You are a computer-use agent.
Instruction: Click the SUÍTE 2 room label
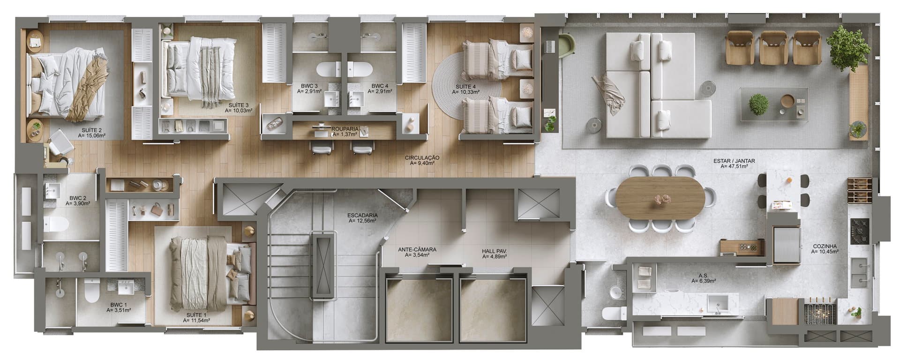point(91,130)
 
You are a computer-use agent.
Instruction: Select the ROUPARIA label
point(345,128)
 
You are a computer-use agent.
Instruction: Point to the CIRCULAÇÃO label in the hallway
point(422,158)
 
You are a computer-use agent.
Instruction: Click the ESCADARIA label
point(362,216)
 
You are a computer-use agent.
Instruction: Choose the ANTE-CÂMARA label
point(417,249)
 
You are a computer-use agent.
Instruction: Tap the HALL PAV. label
point(494,251)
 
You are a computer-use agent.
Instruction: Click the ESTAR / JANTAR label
point(734,161)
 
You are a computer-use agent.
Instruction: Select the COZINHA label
point(825,246)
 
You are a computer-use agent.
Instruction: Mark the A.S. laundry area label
point(703,276)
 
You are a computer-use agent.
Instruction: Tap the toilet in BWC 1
point(91,291)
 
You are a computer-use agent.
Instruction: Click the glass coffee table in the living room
point(773,105)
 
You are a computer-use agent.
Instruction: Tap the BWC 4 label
point(380,86)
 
